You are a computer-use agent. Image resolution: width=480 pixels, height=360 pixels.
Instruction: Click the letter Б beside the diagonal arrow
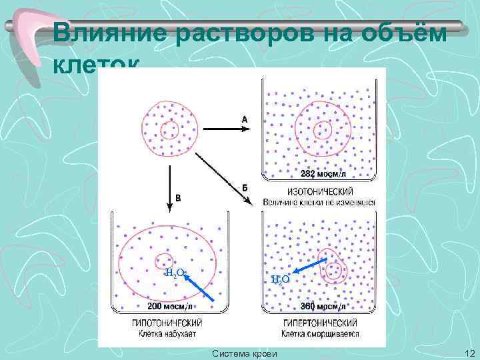click(245, 187)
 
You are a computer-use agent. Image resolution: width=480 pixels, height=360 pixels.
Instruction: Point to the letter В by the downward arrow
click(177, 197)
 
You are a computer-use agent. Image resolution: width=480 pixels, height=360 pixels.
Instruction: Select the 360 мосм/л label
click(323, 307)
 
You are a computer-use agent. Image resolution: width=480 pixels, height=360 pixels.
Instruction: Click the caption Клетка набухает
click(168, 333)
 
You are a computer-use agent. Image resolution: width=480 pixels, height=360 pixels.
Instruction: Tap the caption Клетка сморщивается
click(319, 333)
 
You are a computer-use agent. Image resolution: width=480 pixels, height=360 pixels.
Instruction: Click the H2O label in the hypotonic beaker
click(175, 273)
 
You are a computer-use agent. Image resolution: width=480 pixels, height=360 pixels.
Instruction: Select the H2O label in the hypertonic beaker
click(280, 279)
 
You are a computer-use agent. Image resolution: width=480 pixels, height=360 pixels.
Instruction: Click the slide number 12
click(468, 353)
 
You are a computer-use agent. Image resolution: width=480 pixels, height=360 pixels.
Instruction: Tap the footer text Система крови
click(245, 353)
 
